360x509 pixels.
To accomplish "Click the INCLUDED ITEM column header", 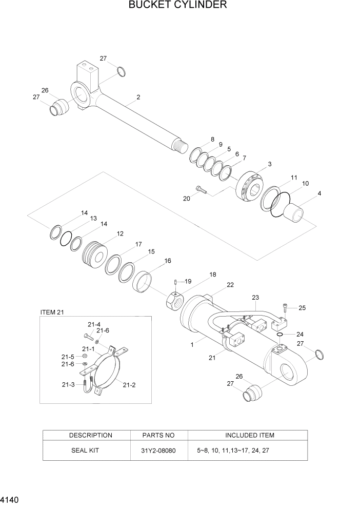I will tap(249, 435).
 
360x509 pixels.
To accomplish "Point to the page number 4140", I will tap(10, 499).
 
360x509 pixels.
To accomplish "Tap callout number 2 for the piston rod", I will tap(138, 97).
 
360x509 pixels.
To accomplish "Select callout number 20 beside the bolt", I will tap(186, 198).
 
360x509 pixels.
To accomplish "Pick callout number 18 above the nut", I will tap(212, 275).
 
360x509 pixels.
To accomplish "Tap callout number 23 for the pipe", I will tap(255, 298).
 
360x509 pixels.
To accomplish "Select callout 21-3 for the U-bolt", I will tap(69, 384).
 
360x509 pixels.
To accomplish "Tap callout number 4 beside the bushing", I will tap(319, 193).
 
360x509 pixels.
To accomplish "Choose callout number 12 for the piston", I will tap(120, 234).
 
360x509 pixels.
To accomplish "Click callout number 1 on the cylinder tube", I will tap(192, 345).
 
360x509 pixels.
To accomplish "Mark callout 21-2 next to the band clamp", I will tap(129, 384).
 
